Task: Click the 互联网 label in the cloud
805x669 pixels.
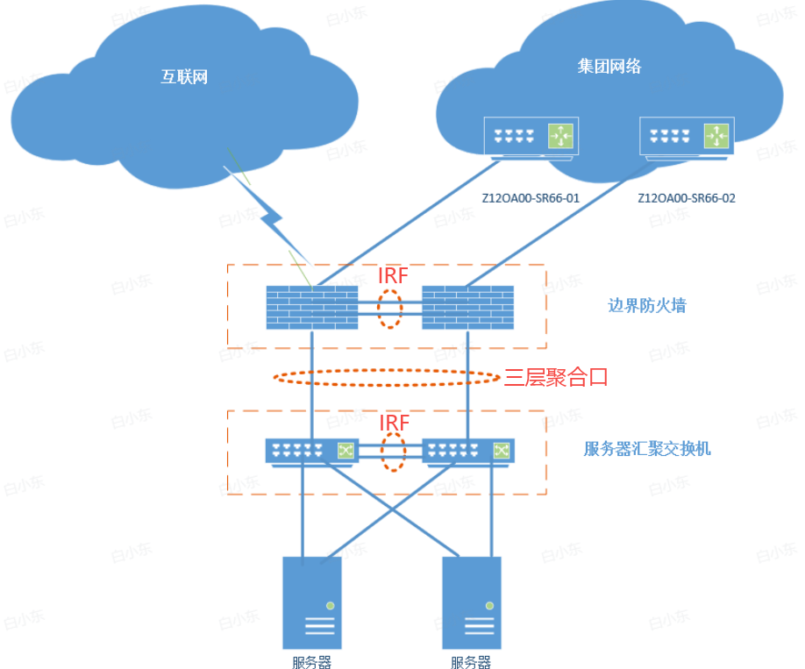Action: click(184, 76)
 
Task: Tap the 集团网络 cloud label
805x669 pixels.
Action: click(609, 66)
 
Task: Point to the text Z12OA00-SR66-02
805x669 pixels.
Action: click(687, 198)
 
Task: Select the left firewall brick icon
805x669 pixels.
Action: click(312, 307)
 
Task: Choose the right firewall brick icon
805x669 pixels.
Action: click(467, 307)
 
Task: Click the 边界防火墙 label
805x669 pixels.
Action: click(647, 306)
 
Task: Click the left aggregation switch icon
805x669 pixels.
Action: click(312, 451)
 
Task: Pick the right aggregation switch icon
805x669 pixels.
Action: click(468, 451)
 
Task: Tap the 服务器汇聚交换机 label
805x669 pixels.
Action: click(647, 450)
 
